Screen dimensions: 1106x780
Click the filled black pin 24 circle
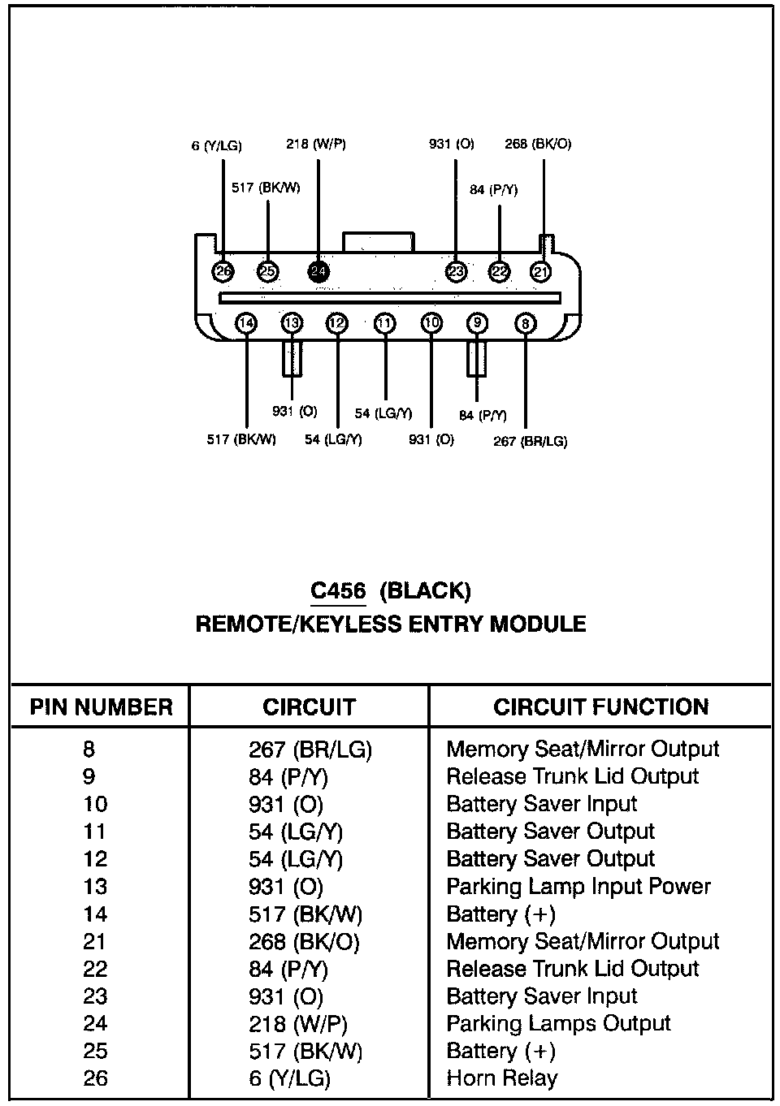pyautogui.click(x=318, y=272)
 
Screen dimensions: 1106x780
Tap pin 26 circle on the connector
pyautogui.click(x=222, y=272)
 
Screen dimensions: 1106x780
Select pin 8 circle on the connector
pyautogui.click(x=526, y=324)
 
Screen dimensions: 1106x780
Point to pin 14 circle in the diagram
pyautogui.click(x=246, y=323)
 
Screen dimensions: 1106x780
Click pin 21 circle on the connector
pyautogui.click(x=540, y=272)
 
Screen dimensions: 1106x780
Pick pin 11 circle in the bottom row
pyautogui.click(x=385, y=324)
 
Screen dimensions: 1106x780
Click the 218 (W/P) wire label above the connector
pyautogui.click(x=316, y=145)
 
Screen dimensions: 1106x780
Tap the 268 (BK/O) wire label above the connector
pyautogui.click(x=538, y=144)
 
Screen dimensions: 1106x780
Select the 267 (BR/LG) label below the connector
pyautogui.click(x=531, y=442)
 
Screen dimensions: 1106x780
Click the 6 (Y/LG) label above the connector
pyautogui.click(x=217, y=146)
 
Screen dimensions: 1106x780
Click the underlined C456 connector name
pyautogui.click(x=339, y=590)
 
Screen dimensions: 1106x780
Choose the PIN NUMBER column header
pyautogui.click(x=102, y=707)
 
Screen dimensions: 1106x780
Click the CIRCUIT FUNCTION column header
pyautogui.click(x=600, y=707)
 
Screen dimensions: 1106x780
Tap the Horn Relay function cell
pyautogui.click(x=502, y=1078)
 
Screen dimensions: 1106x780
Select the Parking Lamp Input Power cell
pyautogui.click(x=578, y=886)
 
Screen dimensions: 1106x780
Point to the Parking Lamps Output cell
pyautogui.click(x=559, y=1023)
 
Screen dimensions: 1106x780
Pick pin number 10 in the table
pyautogui.click(x=95, y=804)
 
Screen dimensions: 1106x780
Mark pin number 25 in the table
pyautogui.click(x=95, y=1051)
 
